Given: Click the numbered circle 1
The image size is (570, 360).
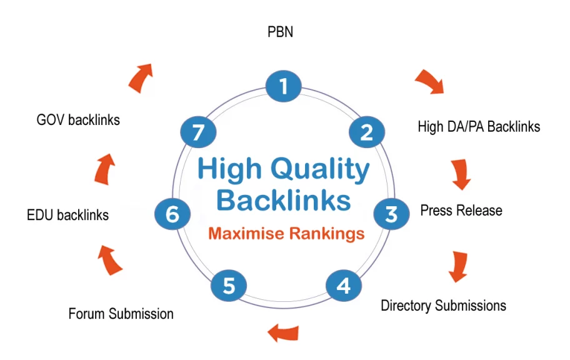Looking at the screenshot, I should point(284,86).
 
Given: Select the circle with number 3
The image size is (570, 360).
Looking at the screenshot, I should point(391,214).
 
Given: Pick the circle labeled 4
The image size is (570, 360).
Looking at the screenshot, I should point(344,286).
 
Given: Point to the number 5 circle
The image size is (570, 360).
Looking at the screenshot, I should point(229,286).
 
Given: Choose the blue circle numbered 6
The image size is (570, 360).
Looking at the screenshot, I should point(172,214).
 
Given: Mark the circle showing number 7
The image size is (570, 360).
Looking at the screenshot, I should point(198,132).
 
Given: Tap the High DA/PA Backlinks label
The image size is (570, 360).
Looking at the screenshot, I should point(479,127).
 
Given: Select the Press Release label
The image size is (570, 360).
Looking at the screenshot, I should point(461,210).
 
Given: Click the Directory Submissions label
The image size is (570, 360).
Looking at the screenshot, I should point(443,306).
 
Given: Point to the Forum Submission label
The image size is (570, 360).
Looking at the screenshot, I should point(121,313).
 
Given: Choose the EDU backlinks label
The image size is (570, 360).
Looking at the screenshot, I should point(67,215).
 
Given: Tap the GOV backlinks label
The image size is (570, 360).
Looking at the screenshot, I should point(78,119).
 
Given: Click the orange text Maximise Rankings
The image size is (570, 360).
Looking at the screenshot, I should point(286,234).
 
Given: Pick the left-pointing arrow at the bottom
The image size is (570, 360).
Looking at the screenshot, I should point(283,331).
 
